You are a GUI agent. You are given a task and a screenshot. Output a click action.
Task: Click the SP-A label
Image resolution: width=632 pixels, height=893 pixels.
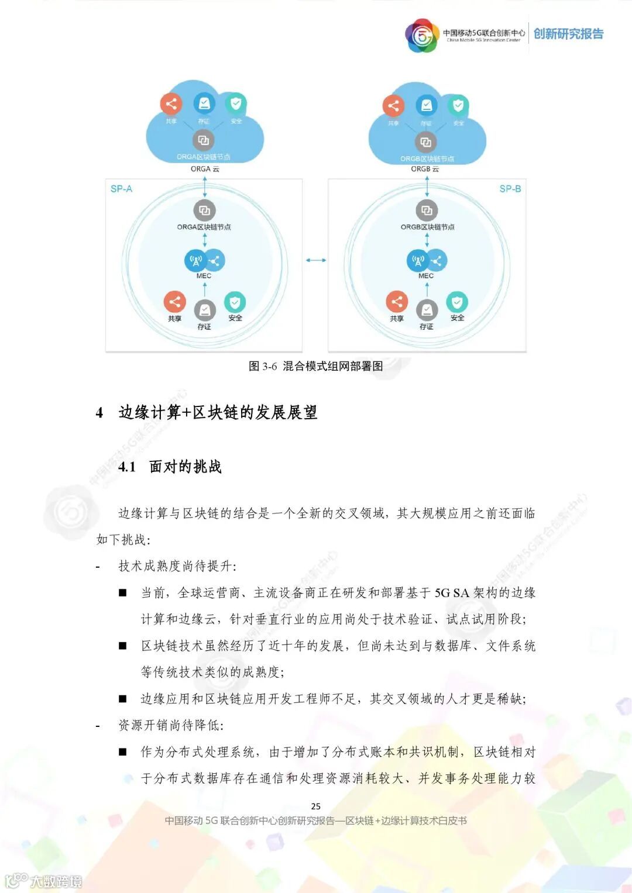coord(121,189)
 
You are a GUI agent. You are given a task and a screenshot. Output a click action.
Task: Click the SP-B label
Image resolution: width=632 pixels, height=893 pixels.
coord(510,189)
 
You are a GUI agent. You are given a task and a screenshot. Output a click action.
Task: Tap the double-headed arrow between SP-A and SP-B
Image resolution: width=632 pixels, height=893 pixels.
coord(315,260)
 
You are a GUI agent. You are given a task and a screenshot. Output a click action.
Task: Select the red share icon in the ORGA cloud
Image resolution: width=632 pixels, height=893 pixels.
coord(171,105)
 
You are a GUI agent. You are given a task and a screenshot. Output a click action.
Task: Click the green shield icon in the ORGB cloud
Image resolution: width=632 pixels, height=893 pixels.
coord(458,105)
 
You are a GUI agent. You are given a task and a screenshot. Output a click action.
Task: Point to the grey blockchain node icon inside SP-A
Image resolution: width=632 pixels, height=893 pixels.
coord(204,211)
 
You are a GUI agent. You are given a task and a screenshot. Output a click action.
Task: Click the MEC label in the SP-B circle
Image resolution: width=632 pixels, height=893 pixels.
coord(426,275)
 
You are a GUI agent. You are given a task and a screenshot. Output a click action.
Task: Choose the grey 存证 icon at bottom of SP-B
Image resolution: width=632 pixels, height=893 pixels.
coord(427,310)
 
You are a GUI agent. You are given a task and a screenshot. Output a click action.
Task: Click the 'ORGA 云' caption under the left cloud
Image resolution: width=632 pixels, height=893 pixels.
coord(205,169)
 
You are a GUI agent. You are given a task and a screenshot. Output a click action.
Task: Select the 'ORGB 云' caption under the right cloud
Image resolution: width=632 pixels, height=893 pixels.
coord(425,169)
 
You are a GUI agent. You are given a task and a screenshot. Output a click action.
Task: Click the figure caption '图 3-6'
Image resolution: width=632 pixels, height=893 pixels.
coord(262,366)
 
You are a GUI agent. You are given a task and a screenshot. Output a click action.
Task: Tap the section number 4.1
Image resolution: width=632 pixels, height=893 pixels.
coord(127,467)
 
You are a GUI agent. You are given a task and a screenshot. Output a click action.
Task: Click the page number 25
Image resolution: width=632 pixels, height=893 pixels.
coord(316,806)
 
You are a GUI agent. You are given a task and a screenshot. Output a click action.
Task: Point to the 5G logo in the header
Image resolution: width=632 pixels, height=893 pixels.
coord(422,36)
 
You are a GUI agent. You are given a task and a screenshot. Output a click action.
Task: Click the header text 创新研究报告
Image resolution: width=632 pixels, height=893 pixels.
coord(568,34)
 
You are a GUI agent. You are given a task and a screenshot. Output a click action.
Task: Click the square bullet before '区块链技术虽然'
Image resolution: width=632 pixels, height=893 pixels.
coord(123,646)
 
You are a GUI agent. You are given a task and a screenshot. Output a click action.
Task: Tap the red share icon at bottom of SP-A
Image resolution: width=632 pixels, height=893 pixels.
coord(174,302)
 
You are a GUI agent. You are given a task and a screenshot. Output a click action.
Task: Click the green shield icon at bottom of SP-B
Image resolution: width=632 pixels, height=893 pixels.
coord(457,302)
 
